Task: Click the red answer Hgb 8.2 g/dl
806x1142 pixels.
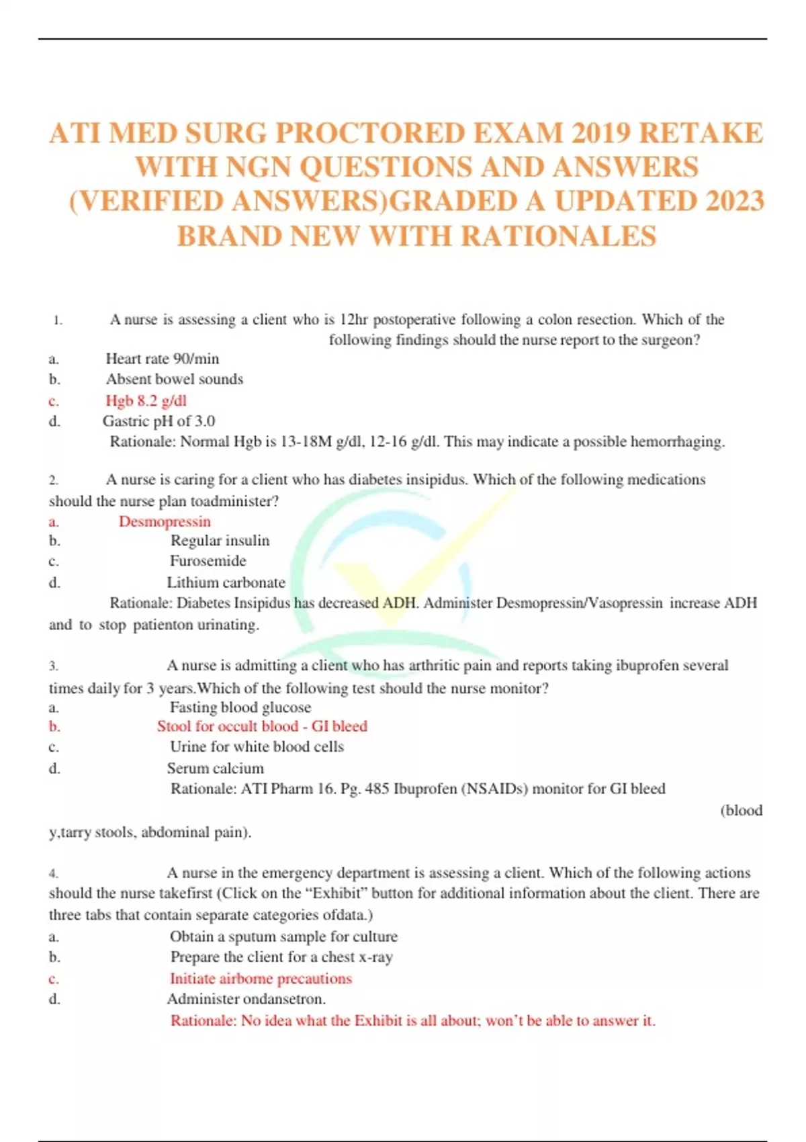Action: coord(146,400)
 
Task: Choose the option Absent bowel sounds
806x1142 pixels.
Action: coord(174,379)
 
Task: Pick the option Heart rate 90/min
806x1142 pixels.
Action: coord(162,359)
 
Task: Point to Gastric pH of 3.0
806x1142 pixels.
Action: coord(159,421)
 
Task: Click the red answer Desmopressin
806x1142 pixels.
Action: coord(165,521)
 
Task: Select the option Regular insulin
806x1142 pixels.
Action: coord(220,541)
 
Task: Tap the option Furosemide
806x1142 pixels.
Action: coord(208,561)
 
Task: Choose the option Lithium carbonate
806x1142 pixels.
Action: coord(226,582)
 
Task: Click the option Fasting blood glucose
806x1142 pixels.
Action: coord(240,707)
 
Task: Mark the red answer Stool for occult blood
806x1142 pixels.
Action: coord(228,726)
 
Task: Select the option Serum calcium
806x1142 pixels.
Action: coord(215,768)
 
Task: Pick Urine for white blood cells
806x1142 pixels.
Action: coord(257,747)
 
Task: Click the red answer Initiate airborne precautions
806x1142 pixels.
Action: coord(261,979)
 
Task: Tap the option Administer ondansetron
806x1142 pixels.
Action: coord(246,999)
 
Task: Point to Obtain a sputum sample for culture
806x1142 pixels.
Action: coord(283,936)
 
